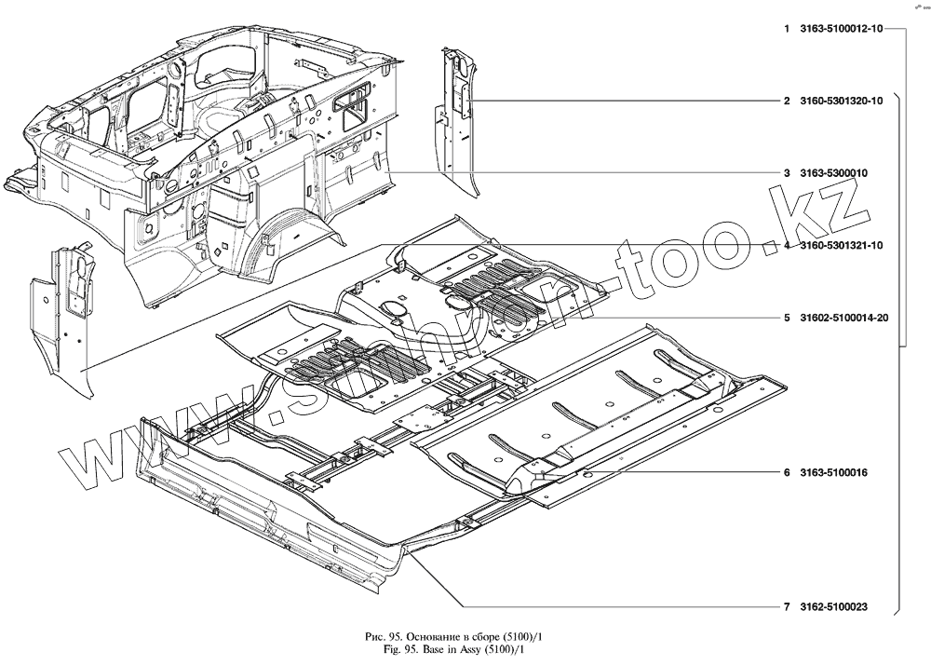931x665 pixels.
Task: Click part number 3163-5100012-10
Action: (x=841, y=30)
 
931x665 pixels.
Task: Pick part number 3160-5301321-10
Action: (x=841, y=245)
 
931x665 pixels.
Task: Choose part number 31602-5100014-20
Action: (x=843, y=318)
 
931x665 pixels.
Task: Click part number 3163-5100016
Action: (x=833, y=473)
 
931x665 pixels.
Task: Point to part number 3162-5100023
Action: (x=833, y=607)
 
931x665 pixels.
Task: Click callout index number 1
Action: (x=787, y=30)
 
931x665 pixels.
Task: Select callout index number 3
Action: (x=787, y=173)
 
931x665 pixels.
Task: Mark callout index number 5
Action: (x=787, y=318)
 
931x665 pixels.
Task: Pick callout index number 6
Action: (x=787, y=473)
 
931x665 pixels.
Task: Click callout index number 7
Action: (x=787, y=607)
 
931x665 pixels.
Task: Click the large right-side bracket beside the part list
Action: (x=899, y=354)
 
